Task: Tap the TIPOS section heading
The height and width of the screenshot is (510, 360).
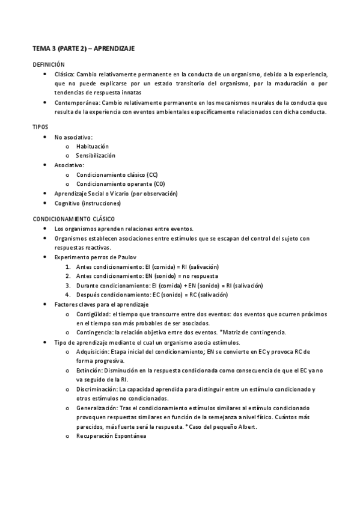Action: pos(41,127)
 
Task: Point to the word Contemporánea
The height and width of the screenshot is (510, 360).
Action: pos(73,102)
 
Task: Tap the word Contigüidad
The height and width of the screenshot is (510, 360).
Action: pos(93,315)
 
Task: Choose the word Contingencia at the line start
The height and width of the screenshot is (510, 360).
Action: pos(95,333)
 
